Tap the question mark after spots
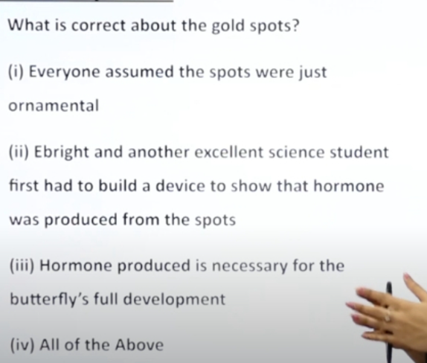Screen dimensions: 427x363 pos(295,25)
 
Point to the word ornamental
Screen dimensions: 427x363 pos(54,106)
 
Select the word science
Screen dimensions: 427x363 pos(297,152)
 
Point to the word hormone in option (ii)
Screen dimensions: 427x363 pos(349,186)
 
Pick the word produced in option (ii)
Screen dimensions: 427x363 pos(81,220)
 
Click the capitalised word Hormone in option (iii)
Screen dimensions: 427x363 pos(76,266)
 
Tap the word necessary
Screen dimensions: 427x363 pos(249,266)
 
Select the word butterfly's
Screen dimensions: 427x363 pos(49,299)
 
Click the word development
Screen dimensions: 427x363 pos(174,300)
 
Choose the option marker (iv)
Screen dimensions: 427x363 pos(22,344)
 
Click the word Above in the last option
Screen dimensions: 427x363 pos(139,344)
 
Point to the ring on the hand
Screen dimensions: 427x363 pos(387,316)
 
